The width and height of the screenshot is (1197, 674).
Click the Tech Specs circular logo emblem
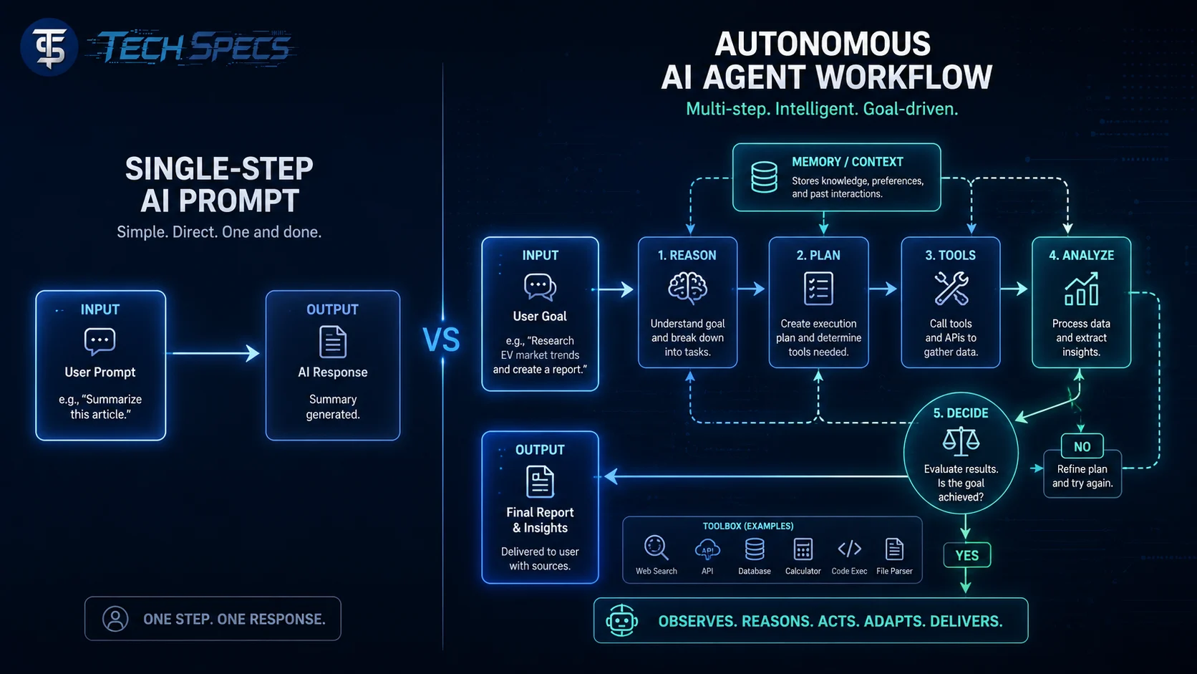pyautogui.click(x=49, y=47)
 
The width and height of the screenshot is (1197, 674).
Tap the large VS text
pyautogui.click(x=441, y=340)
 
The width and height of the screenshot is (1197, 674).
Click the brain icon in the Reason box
pyautogui.click(x=688, y=287)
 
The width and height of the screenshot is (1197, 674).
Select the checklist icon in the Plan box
pyautogui.click(x=818, y=289)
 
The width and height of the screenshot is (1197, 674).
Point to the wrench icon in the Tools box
pyautogui.click(x=951, y=288)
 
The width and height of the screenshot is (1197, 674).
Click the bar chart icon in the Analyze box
pyautogui.click(x=1081, y=289)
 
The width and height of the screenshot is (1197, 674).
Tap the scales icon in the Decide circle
pyautogui.click(x=961, y=441)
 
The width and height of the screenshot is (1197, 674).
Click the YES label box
pyautogui.click(x=966, y=555)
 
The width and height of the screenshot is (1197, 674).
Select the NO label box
pyautogui.click(x=1082, y=446)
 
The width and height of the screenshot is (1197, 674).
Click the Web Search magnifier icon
pyautogui.click(x=656, y=548)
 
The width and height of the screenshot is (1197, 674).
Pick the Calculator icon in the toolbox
pyautogui.click(x=803, y=549)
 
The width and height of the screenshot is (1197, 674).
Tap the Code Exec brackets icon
pyautogui.click(x=849, y=549)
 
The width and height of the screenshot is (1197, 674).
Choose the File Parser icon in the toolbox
pyautogui.click(x=894, y=549)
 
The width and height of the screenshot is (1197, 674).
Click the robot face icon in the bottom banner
pyautogui.click(x=621, y=620)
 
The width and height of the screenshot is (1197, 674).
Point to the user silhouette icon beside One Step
pyautogui.click(x=115, y=619)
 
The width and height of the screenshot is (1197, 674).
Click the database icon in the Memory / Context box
pyautogui.click(x=764, y=177)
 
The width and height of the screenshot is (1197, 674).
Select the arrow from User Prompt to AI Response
pyautogui.click(x=214, y=353)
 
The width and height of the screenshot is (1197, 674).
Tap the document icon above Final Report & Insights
pyautogui.click(x=540, y=481)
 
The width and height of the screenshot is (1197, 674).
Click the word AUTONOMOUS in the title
pyautogui.click(x=823, y=44)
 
